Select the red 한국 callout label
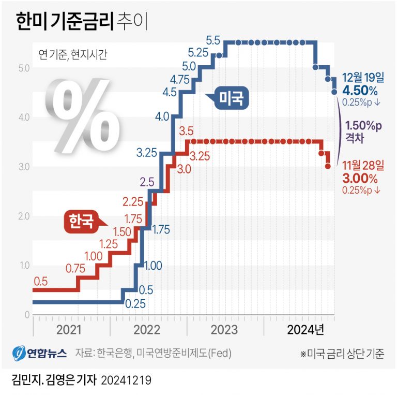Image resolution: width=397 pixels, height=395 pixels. point(82,222)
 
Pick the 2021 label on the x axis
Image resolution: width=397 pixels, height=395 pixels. point(69,330)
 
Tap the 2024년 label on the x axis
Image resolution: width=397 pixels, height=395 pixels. point(305,330)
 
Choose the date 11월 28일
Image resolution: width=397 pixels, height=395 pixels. point(363,166)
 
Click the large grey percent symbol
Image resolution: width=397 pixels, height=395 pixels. point(83,119)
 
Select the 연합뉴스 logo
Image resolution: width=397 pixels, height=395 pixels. point(40,354)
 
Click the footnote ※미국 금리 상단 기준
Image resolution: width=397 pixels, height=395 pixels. point(342,354)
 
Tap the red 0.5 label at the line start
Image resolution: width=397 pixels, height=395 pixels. point(41,281)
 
